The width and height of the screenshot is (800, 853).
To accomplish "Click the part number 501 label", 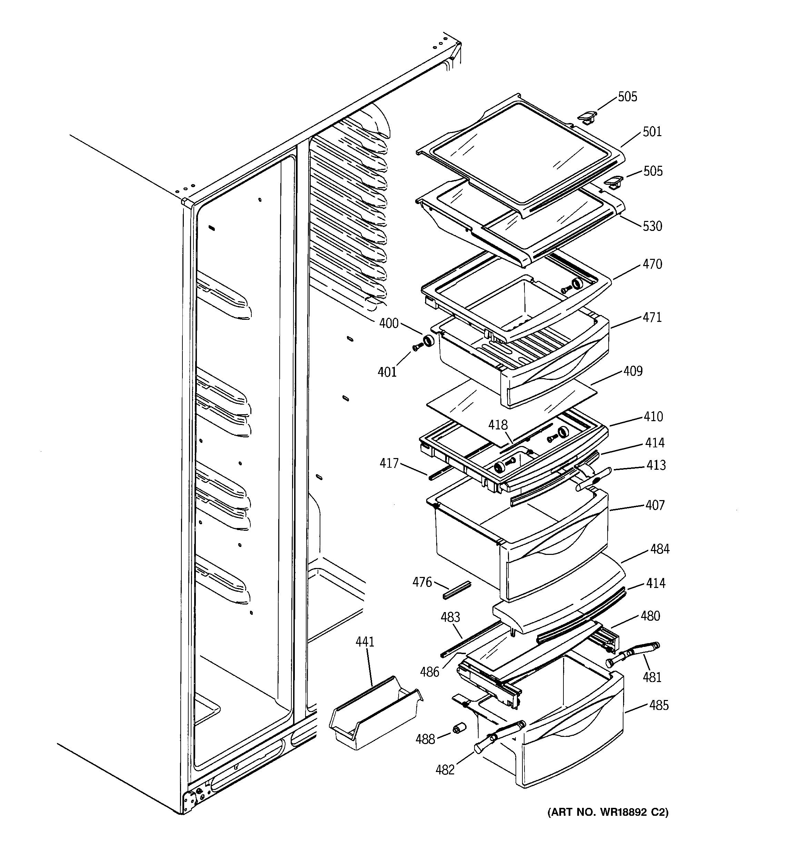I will (x=652, y=132).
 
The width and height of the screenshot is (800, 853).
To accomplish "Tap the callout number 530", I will (x=652, y=226).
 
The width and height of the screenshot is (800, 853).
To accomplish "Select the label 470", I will (x=652, y=264).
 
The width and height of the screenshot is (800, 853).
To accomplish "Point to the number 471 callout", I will (x=652, y=317).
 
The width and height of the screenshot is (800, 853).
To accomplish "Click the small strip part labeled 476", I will (x=457, y=590).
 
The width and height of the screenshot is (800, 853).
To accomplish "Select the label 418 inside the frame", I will (x=498, y=425).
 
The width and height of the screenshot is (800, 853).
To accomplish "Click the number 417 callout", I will (x=389, y=464).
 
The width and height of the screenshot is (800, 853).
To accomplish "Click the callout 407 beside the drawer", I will (x=655, y=505).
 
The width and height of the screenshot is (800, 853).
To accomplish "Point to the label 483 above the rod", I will (x=450, y=617).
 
